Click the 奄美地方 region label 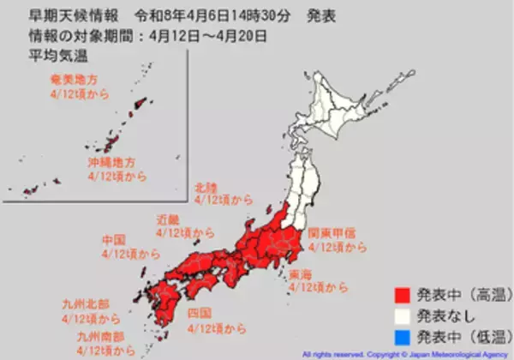[x=73, y=79]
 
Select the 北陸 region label [x=206, y=186]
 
